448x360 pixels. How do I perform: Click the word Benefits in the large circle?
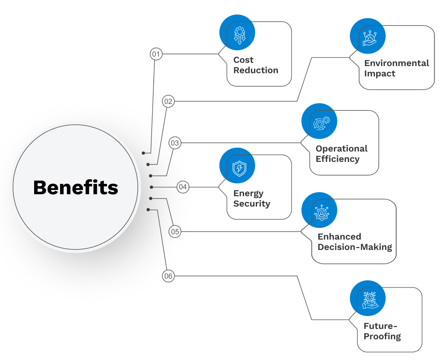[76, 188]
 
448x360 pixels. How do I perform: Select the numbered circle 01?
[156, 54]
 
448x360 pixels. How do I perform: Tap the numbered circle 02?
[168, 101]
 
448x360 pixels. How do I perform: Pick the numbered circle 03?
[175, 143]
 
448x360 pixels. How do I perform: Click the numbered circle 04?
[183, 187]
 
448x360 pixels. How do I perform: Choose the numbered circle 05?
[175, 232]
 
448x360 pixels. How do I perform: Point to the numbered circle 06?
[168, 276]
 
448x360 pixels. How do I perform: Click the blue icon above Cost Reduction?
[237, 33]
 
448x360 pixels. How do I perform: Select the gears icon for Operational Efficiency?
[319, 121]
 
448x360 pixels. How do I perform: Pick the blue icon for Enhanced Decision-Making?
[319, 210]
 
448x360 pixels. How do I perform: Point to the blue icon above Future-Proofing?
[368, 298]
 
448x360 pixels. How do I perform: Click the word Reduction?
[256, 70]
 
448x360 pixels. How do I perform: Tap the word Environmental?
[396, 63]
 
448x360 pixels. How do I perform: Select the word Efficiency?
[337, 159]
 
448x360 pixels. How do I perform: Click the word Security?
[251, 204]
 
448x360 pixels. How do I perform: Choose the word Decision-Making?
[355, 247]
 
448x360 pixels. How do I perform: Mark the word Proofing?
[382, 336]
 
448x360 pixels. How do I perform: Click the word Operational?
[341, 148]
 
